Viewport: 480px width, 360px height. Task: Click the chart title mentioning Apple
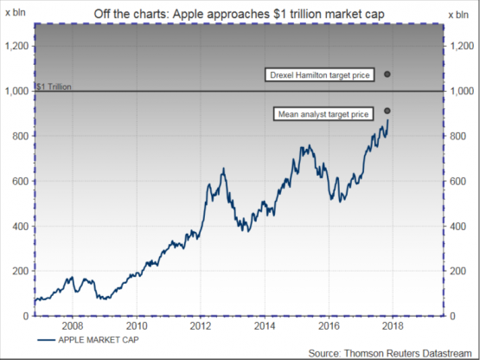pyautogui.click(x=240, y=12)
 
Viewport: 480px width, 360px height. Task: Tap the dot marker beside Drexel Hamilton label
pyautogui.click(x=387, y=74)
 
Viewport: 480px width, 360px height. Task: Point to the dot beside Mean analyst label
pyautogui.click(x=387, y=111)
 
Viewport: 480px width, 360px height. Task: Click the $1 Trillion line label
pyautogui.click(x=54, y=87)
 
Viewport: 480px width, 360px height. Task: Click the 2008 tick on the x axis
pyautogui.click(x=72, y=327)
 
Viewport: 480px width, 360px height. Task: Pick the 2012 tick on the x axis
pyautogui.click(x=201, y=327)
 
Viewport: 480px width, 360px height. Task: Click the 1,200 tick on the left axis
pyautogui.click(x=18, y=45)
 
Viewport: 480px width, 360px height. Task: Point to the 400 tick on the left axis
pyautogui.click(x=22, y=226)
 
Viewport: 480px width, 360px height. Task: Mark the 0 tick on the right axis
pyautogui.click(x=451, y=316)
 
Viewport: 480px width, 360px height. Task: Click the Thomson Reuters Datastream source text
pyautogui.click(x=393, y=352)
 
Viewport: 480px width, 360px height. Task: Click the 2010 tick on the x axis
pyautogui.click(x=137, y=327)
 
